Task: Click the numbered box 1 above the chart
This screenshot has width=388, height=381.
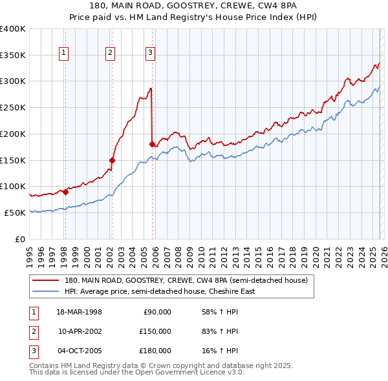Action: pos(65,54)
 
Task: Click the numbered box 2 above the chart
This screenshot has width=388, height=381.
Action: pos(111,54)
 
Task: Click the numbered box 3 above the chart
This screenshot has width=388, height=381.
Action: pos(150,54)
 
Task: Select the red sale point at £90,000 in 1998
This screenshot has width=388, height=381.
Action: pos(65,192)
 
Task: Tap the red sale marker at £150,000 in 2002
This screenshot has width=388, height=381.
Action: pos(112,160)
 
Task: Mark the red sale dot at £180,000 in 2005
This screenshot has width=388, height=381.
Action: pos(152,144)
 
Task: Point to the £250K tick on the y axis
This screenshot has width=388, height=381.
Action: pos(13,107)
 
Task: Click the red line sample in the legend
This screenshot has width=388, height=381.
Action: pos(46,280)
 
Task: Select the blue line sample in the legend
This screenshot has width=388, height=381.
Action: pos(46,291)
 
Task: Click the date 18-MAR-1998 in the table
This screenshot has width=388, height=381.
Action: pos(80,312)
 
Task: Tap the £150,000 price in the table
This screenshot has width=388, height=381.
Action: pos(155,331)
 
